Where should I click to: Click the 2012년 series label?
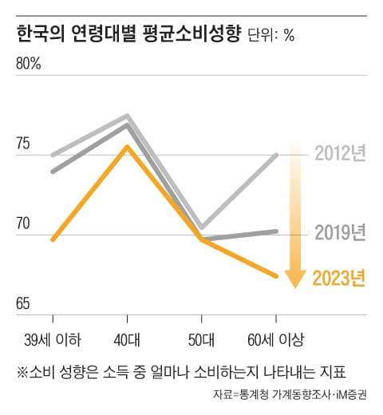339,152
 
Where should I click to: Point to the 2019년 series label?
339,232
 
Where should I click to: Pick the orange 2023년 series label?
338,278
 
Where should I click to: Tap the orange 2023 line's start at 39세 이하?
53,239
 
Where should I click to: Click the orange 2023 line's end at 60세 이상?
276,276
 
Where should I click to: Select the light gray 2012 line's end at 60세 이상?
276,155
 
